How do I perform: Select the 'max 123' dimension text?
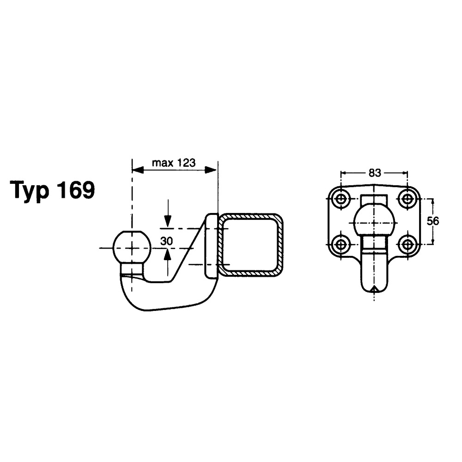pyautogui.click(x=174, y=163)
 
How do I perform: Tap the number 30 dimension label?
pyautogui.click(x=167, y=241)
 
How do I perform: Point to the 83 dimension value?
pyautogui.click(x=375, y=173)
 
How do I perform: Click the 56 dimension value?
pyautogui.click(x=433, y=221)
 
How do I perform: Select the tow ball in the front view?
pyautogui.click(x=374, y=222)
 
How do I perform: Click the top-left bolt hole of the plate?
pyautogui.click(x=341, y=199)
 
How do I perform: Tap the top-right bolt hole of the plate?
pyautogui.click(x=407, y=199)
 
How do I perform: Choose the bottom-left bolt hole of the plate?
pyautogui.click(x=341, y=244)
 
